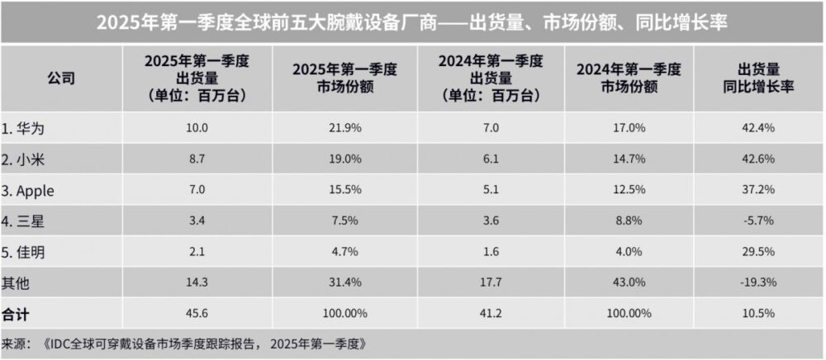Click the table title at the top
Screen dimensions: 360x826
(x=412, y=21)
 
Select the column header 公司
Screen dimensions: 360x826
(x=62, y=79)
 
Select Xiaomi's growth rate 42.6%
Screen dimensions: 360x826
(x=758, y=159)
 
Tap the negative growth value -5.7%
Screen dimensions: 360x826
(x=758, y=221)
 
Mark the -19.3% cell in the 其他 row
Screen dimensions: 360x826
(x=758, y=282)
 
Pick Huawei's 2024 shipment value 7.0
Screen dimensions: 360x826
(x=482, y=128)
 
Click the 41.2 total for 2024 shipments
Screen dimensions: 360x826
(x=482, y=314)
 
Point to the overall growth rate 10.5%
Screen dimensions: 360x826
(x=758, y=314)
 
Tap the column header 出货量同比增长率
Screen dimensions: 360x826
(x=758, y=79)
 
